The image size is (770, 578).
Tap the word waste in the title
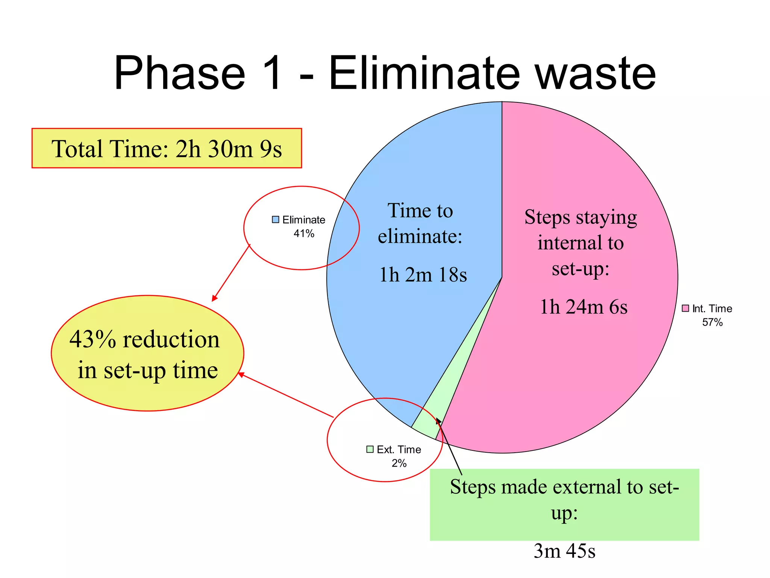(596, 74)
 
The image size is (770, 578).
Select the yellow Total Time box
(167, 148)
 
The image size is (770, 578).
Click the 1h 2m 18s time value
(423, 274)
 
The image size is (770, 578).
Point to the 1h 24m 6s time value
(584, 307)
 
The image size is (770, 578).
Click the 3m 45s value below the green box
(564, 551)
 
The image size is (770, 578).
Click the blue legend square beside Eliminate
(276, 220)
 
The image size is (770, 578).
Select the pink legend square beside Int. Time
(686, 309)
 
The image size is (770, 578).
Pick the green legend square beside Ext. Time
(370, 449)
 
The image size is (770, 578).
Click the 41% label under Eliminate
(304, 234)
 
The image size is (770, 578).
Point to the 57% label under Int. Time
(712, 322)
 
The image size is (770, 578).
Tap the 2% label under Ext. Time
(399, 463)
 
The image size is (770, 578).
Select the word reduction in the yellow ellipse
(171, 339)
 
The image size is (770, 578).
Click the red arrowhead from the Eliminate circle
(214, 298)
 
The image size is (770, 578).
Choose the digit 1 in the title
(270, 73)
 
